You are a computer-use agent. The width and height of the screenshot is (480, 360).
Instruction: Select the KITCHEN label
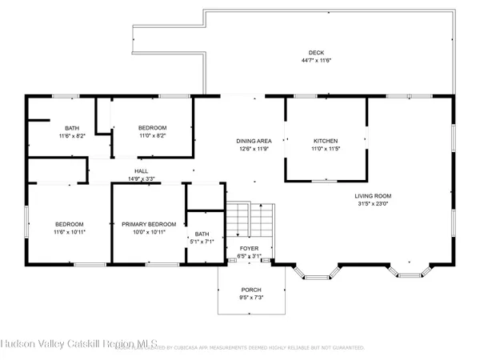[x=325, y=140]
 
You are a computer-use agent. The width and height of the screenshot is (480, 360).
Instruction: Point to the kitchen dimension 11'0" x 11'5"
[x=325, y=149]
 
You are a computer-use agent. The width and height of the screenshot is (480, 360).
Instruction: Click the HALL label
[x=141, y=170]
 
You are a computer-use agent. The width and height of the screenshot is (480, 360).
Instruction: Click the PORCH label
[x=251, y=289]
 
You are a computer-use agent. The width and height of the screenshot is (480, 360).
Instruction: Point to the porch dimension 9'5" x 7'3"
[x=251, y=298]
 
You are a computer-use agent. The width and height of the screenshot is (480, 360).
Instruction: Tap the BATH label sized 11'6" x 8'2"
[x=72, y=128]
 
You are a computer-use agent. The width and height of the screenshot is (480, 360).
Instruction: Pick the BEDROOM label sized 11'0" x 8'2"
[x=152, y=128]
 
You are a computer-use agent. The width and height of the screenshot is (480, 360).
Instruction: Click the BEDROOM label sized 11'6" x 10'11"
[x=70, y=224]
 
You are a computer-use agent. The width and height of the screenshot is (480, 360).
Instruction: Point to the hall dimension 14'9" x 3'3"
[x=141, y=178]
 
